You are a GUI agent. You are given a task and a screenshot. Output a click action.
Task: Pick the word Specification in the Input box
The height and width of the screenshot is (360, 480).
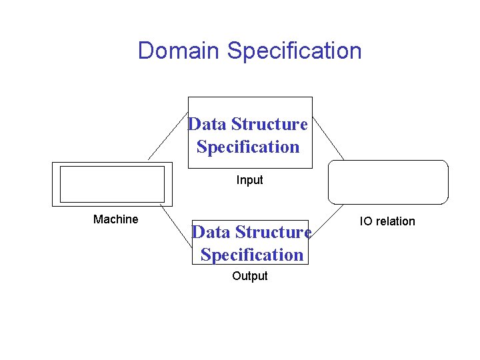coord(248,147)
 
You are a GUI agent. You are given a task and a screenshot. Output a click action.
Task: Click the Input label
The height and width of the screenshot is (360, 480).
coord(250,180)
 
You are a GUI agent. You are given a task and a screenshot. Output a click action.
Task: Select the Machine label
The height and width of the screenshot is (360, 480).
coord(116,219)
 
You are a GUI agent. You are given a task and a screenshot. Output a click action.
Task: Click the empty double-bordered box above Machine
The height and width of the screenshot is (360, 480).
coord(111,184)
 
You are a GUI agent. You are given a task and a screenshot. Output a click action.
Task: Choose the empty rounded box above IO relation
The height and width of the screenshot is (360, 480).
coord(389,181)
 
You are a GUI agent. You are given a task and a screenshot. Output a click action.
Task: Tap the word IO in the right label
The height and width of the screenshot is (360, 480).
coord(366,221)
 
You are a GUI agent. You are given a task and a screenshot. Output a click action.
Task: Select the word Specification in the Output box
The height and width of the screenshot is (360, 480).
coord(252,255)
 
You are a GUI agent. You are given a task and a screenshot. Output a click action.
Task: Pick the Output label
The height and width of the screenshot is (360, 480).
coord(250,276)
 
